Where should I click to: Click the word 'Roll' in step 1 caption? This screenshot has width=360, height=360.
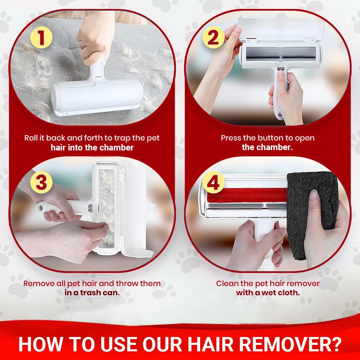pos(31,138)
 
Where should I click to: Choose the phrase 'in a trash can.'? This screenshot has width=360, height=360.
pos(92,293)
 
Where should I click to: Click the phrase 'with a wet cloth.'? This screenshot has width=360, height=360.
pos(267,293)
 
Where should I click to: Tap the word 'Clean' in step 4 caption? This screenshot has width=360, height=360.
pos(226,284)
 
